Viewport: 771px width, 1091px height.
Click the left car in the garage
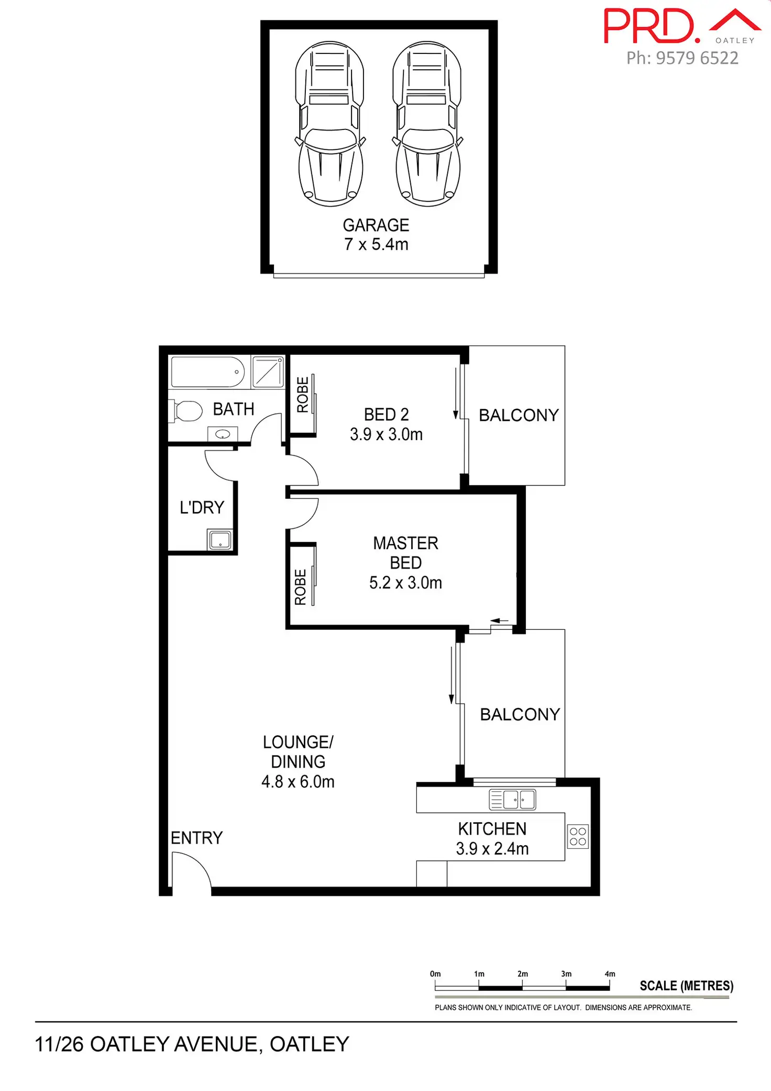point(330,124)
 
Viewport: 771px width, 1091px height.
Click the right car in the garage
point(427,124)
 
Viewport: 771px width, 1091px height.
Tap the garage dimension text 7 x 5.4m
point(376,244)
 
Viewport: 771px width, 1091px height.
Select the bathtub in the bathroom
point(208,372)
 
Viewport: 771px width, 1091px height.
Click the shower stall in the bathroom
point(268,372)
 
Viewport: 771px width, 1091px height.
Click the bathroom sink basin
point(223,434)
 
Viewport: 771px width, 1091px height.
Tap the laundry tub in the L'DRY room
point(220,540)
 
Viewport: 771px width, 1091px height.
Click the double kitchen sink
point(512,800)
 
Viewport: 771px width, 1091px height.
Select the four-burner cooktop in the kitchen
point(578,837)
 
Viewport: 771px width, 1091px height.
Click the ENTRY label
point(196,838)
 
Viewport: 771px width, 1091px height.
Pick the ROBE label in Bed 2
point(303,395)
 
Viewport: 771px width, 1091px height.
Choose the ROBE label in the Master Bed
point(301,587)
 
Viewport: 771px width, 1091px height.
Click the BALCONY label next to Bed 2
point(519,416)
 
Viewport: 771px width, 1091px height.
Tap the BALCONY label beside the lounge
point(520,715)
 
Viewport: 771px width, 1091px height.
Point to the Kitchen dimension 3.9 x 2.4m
point(492,849)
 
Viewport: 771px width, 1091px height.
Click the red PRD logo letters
point(649,26)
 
